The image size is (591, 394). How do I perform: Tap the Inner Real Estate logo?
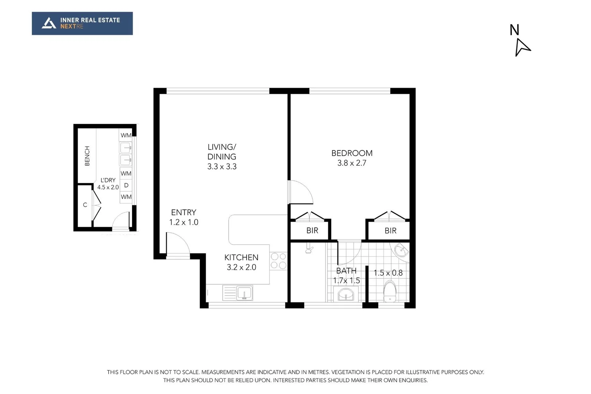click(82, 23)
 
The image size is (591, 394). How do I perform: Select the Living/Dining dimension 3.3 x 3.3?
click(222, 167)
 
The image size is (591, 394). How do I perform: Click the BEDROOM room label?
click(352, 153)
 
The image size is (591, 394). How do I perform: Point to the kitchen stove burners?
click(278, 261)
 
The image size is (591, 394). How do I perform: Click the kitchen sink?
click(244, 293)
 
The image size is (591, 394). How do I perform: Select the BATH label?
click(346, 271)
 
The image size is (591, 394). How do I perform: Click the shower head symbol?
click(309, 250)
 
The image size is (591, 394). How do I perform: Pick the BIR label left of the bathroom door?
click(312, 231)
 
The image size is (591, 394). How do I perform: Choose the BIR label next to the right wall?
click(390, 231)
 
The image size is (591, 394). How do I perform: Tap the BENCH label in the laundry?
click(87, 156)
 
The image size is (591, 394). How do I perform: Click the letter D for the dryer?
click(126, 185)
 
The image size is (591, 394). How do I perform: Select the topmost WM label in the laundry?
click(126, 135)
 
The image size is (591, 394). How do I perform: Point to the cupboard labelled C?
click(85, 205)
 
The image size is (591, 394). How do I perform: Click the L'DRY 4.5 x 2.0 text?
click(108, 184)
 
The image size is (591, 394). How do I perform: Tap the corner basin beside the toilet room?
click(401, 251)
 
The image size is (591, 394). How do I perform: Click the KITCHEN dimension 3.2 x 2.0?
click(242, 267)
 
